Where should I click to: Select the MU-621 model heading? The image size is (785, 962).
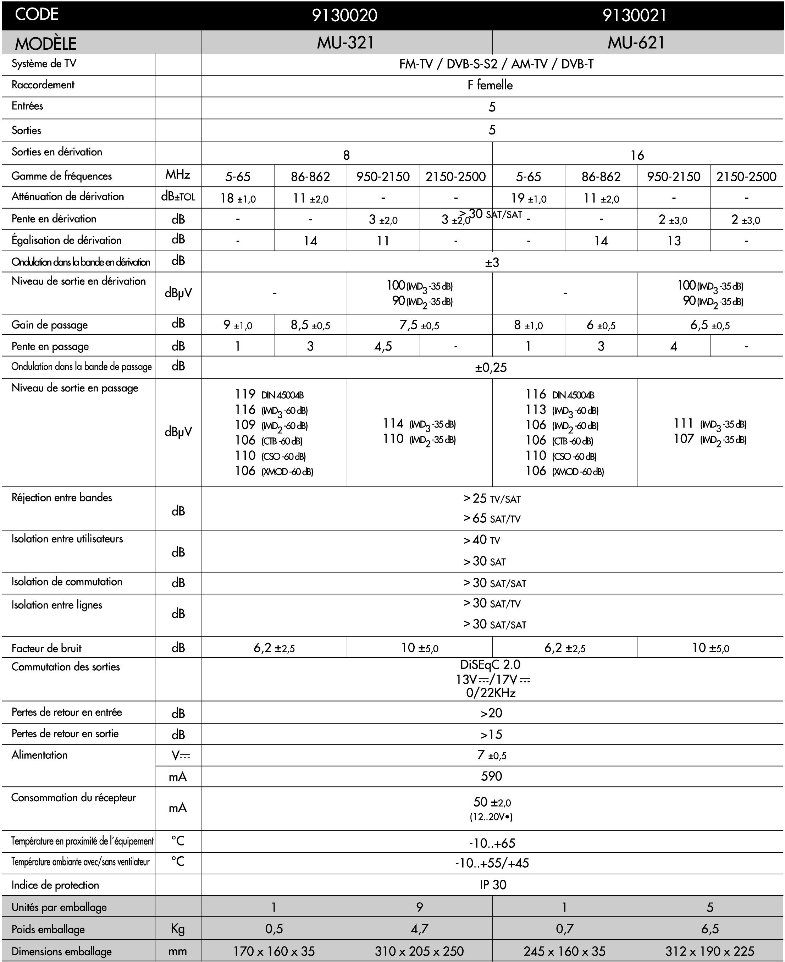(636, 43)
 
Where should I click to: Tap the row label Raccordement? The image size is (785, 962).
(43, 85)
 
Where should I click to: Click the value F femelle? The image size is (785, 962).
(490, 86)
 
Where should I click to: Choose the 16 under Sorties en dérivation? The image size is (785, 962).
(637, 155)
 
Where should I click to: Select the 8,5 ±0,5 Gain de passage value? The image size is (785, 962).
(310, 325)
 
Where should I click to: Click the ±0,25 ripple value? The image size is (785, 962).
(491, 368)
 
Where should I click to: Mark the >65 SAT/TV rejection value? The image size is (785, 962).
(492, 519)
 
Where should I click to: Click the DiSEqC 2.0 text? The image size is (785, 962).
(490, 664)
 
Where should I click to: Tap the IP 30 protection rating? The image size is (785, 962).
(493, 885)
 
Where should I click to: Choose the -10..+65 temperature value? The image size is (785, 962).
(492, 843)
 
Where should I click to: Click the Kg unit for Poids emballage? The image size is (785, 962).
(178, 929)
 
